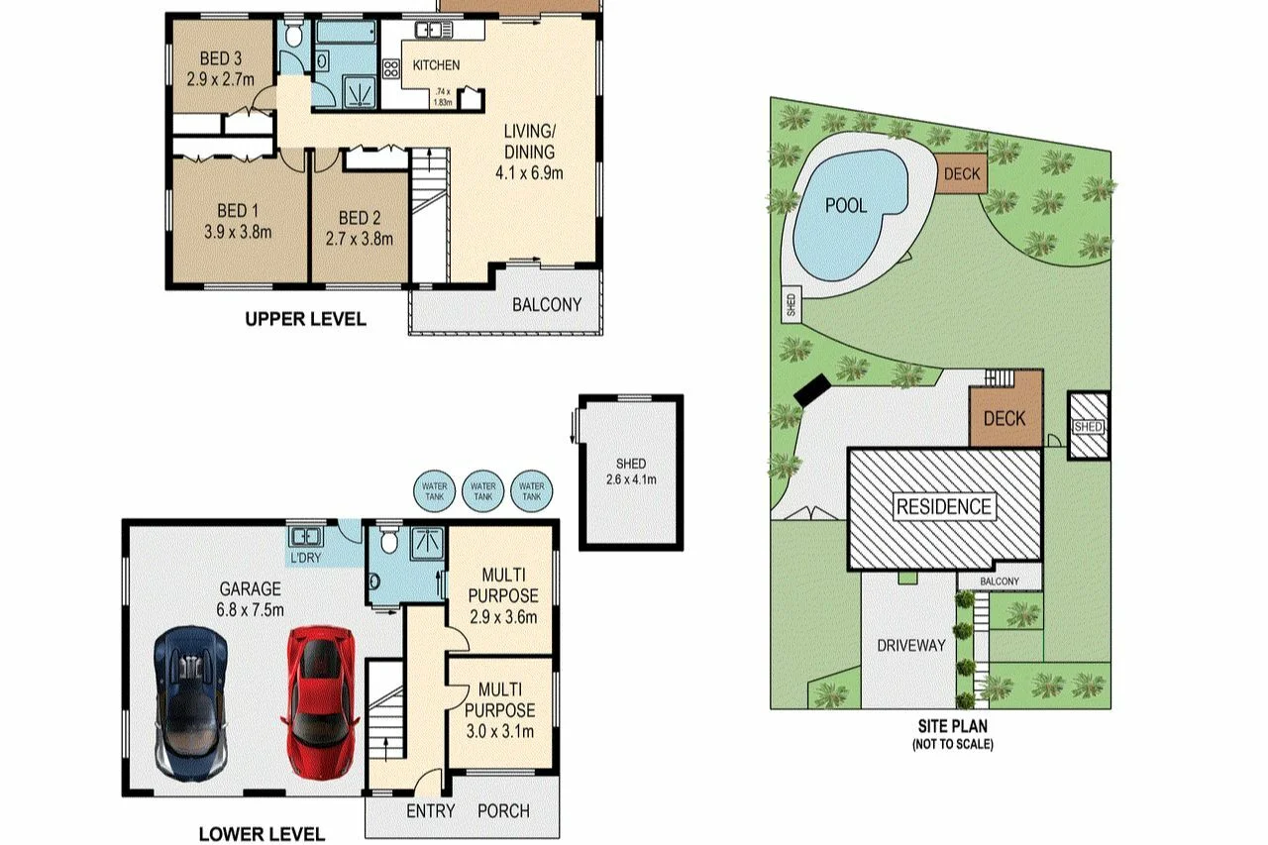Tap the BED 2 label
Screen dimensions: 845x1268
point(360,218)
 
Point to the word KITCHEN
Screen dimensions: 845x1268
point(436,65)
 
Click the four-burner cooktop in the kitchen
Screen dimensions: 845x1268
point(390,68)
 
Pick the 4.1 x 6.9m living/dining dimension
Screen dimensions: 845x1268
point(529,172)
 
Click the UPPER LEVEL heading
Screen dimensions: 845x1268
point(305,319)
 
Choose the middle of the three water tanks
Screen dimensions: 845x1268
point(483,490)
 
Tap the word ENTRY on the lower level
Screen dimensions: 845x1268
point(431,810)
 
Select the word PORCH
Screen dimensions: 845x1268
point(503,810)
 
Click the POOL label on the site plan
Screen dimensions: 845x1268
point(847,205)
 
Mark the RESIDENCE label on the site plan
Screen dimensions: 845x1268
point(943,507)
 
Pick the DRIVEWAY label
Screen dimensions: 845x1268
point(910,645)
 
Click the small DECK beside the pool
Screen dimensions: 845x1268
point(960,174)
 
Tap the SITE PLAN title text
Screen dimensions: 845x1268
point(952,726)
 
